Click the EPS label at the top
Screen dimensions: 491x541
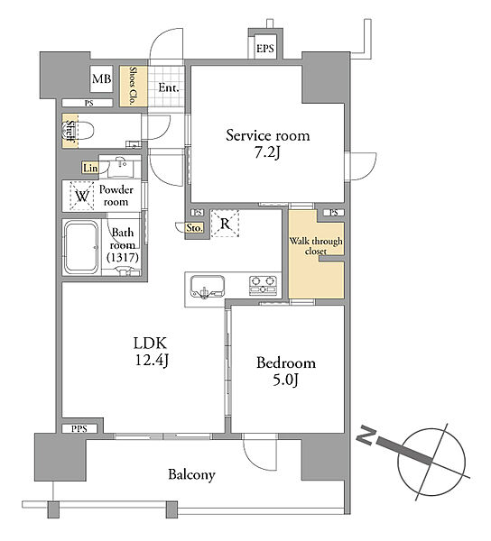[264, 49]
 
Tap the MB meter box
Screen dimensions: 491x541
[101, 79]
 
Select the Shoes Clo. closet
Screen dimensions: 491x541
[134, 86]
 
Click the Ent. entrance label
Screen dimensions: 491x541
[169, 88]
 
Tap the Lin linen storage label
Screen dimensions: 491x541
[90, 168]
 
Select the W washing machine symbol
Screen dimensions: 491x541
[82, 196]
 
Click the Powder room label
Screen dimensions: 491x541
[116, 196]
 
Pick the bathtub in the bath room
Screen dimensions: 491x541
[81, 247]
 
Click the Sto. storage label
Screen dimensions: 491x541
[194, 228]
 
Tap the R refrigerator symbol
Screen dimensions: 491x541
[225, 224]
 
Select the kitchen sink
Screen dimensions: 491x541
[208, 286]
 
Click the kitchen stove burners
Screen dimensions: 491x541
[264, 286]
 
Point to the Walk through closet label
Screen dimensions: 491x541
[316, 246]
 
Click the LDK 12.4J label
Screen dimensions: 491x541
[151, 352]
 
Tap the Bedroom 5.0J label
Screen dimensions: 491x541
[286, 371]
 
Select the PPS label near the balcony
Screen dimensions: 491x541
[79, 429]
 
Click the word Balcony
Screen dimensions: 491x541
[191, 475]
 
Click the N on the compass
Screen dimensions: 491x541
[366, 436]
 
